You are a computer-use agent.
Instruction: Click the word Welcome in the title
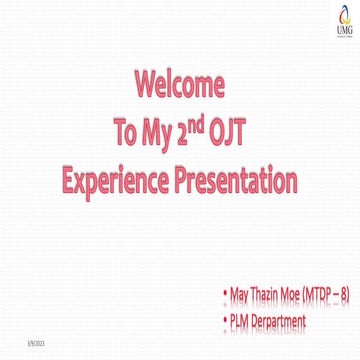pos(179,82)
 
